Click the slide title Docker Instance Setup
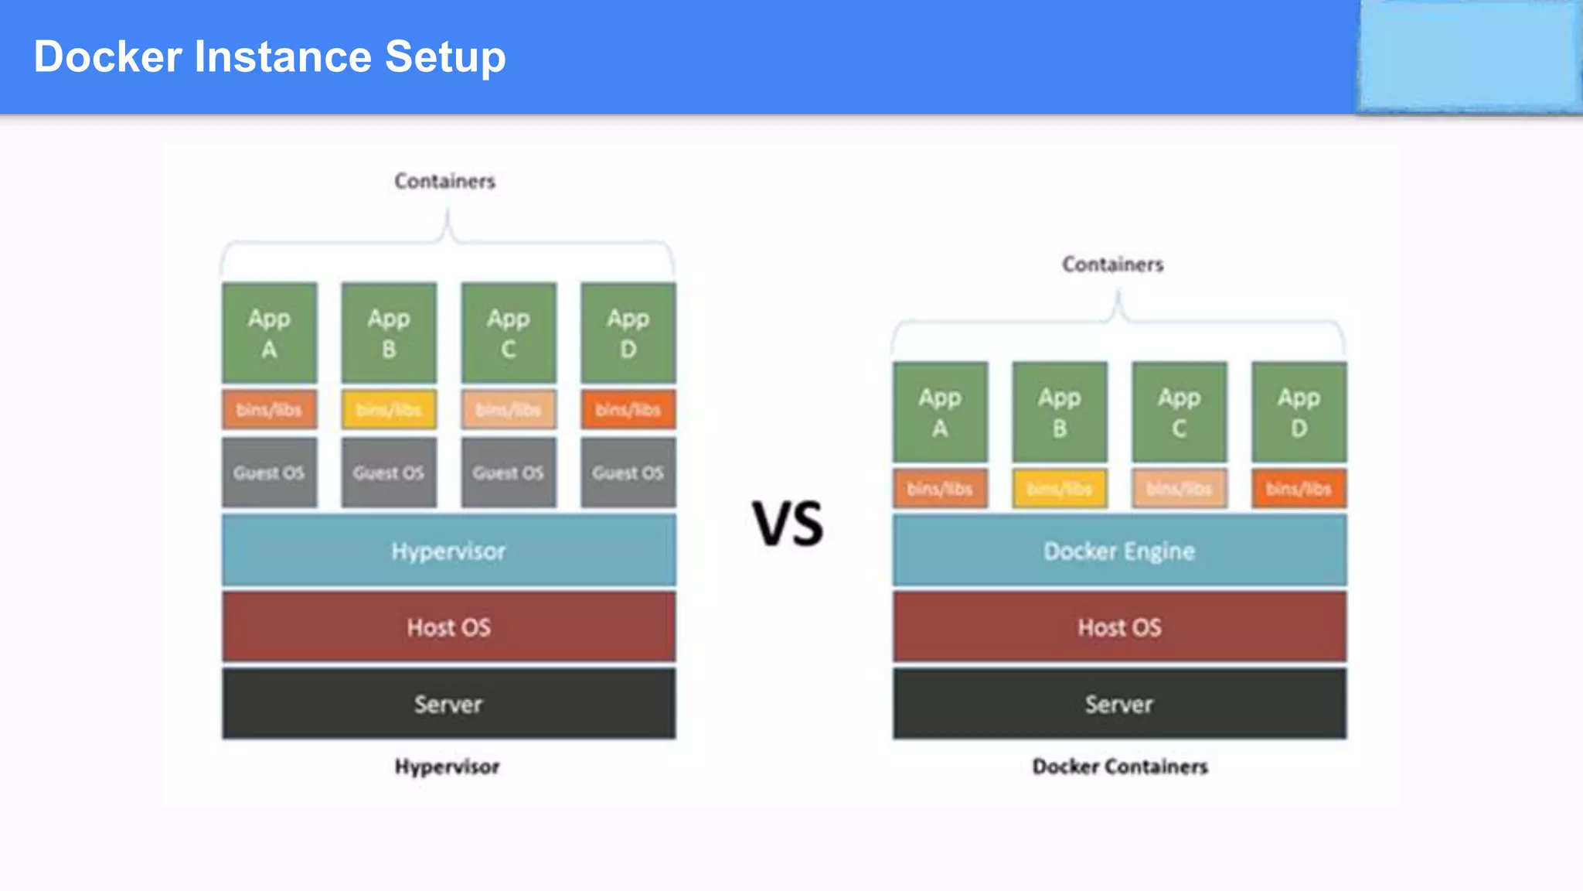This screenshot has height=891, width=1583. tap(270, 56)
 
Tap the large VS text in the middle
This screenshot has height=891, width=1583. tap(788, 524)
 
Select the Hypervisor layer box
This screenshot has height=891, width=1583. tap(448, 551)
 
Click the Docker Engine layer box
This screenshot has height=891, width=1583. tap(1119, 551)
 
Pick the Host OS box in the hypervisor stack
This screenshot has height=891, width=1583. tap(448, 626)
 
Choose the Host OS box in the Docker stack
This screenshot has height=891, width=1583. tap(1119, 626)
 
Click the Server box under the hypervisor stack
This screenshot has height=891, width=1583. tap(448, 704)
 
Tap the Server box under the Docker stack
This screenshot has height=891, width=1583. tap(1119, 704)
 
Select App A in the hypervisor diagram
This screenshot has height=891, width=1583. tap(269, 333)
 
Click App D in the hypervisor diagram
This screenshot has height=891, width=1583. tap(628, 333)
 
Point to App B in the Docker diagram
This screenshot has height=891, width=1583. tap(1060, 411)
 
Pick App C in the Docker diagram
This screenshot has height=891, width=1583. tap(1179, 411)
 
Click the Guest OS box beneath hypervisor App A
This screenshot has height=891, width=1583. tap(269, 473)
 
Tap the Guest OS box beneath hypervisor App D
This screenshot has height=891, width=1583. tap(628, 473)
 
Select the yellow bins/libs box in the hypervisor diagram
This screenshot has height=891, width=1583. tap(389, 409)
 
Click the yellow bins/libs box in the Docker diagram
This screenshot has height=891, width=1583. tap(1060, 489)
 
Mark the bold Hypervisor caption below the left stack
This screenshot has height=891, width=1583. tap(447, 766)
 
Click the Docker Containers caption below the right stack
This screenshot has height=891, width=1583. tap(1120, 766)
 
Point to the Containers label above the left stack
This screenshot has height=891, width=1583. tap(444, 181)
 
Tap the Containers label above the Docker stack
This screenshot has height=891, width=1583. tap(1112, 265)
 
